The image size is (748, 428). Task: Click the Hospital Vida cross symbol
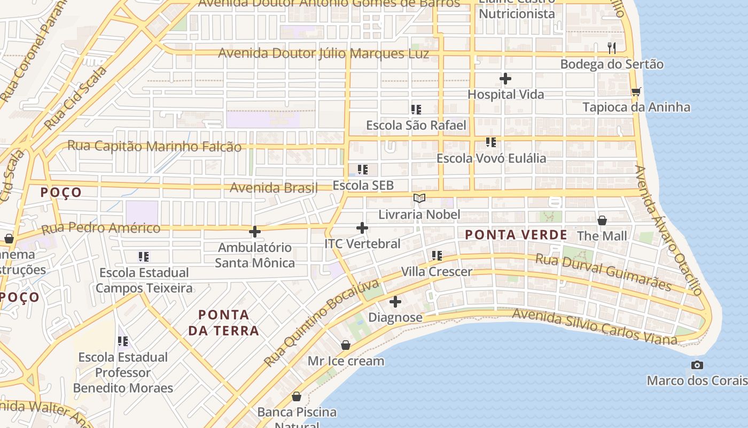505,79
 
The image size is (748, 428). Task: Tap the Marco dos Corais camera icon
697,365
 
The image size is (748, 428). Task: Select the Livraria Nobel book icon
419,198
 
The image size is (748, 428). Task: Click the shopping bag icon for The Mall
602,220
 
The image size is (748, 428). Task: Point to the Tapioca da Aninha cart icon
636,91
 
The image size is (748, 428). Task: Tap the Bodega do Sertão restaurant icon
612,48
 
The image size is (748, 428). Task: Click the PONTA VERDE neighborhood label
516,235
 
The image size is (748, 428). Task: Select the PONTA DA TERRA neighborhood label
224,323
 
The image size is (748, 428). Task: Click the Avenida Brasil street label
274,188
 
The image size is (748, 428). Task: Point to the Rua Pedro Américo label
101,228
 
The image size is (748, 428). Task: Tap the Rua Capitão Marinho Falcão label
154,147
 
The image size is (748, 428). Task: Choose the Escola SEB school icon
363,170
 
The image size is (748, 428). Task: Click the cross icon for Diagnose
395,302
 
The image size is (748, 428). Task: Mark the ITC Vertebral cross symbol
362,228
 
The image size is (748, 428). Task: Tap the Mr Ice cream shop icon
346,346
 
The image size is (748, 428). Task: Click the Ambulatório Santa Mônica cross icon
255,232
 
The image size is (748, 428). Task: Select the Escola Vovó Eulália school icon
491,142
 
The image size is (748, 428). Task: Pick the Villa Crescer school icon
437,256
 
